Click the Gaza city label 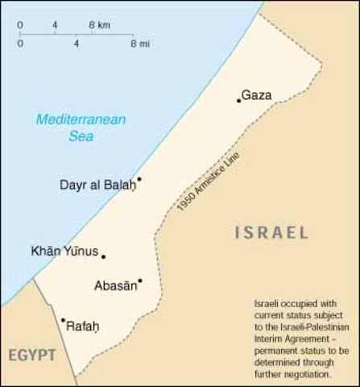coord(257,95)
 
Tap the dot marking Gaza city coord(238,101)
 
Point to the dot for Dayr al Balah coord(139,179)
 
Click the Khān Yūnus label coord(64,252)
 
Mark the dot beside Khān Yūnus coord(103,256)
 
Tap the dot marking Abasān coord(140,281)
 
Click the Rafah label coord(82,327)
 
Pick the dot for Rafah coord(63,320)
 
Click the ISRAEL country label coord(271,234)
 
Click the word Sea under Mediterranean coord(80,136)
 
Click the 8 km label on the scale coord(100,25)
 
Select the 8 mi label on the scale coord(137,44)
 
